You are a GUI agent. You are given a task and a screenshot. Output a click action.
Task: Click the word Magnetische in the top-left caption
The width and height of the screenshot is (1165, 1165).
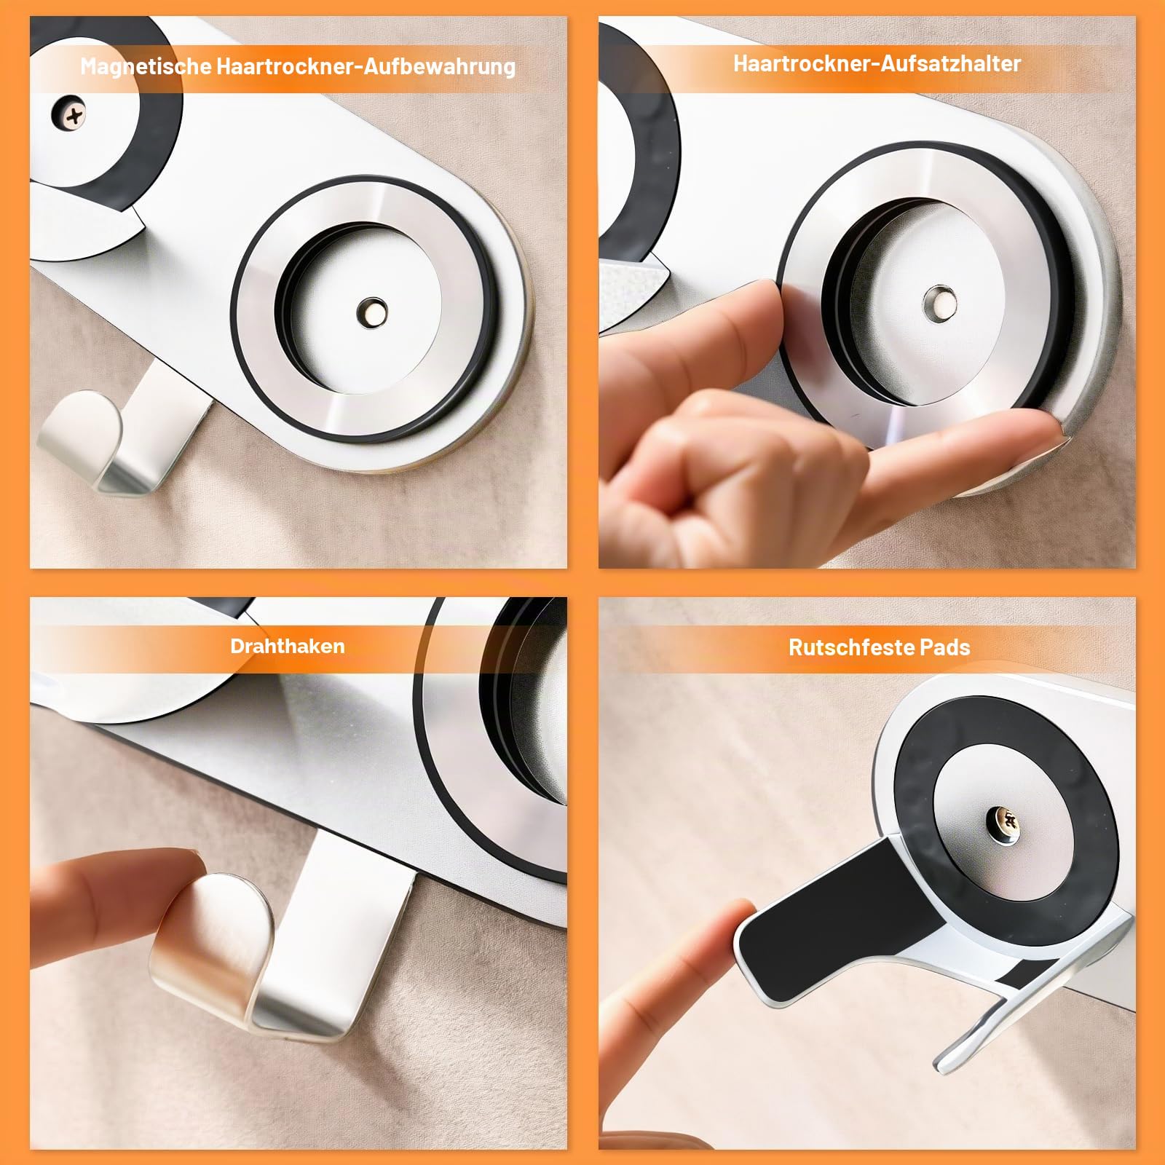click(x=146, y=67)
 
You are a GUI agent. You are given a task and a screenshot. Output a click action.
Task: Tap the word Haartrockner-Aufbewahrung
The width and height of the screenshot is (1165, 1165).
click(x=366, y=67)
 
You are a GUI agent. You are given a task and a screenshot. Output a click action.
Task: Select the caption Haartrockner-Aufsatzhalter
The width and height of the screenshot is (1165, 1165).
click(x=877, y=63)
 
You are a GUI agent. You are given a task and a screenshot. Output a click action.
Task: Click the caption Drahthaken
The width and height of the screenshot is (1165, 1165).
click(x=288, y=646)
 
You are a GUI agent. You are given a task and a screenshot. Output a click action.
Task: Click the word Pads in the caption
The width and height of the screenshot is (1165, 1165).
click(x=944, y=647)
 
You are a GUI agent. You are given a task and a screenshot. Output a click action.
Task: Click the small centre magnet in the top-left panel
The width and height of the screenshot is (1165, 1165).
click(x=373, y=312)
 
